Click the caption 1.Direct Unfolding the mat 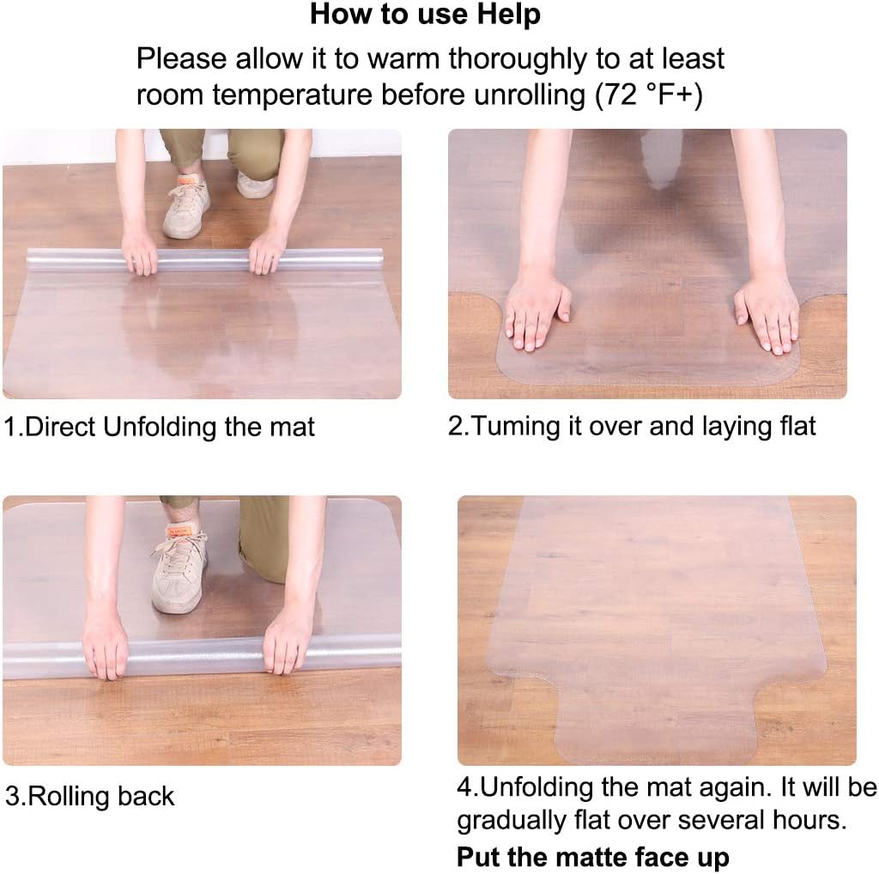click(x=160, y=427)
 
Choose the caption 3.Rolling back click(x=89, y=796)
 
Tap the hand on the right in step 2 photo click(x=767, y=313)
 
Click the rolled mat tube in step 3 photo click(x=202, y=657)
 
